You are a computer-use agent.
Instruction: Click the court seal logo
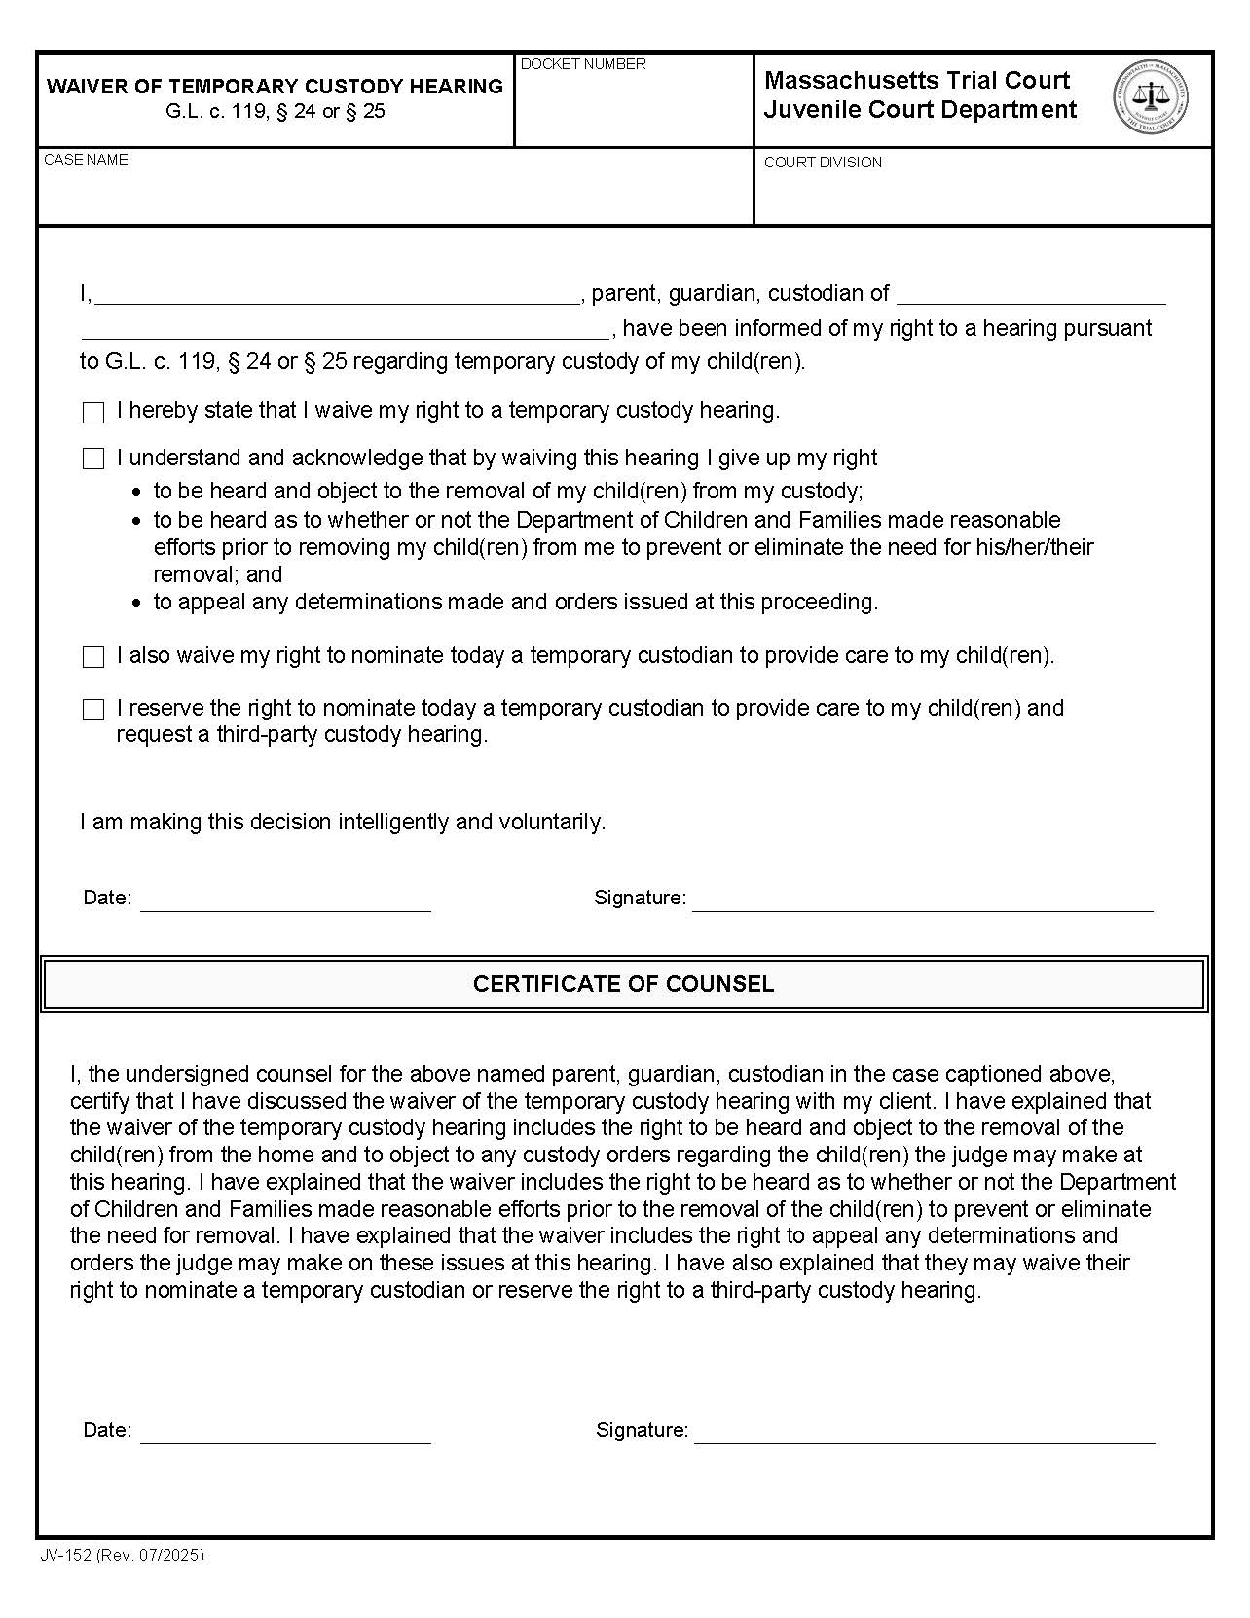pyautogui.click(x=1150, y=98)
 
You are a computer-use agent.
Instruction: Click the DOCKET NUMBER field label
pyautogui.click(x=582, y=64)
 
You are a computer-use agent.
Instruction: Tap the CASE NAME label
pyautogui.click(x=86, y=160)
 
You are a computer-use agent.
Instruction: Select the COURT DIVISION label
pyautogui.click(x=822, y=163)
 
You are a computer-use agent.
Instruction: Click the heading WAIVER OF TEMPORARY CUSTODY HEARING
pyautogui.click(x=275, y=87)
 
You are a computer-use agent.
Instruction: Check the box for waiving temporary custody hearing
pyautogui.click(x=93, y=413)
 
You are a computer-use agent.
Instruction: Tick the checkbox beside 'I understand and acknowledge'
pyautogui.click(x=93, y=459)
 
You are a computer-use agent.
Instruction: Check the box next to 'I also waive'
pyautogui.click(x=93, y=657)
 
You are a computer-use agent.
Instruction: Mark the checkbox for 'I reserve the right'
pyautogui.click(x=93, y=710)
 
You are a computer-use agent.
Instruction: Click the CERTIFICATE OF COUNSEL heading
pyautogui.click(x=623, y=984)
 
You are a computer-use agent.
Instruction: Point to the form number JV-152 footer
pyautogui.click(x=123, y=1555)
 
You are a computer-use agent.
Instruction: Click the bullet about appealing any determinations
pyautogui.click(x=515, y=603)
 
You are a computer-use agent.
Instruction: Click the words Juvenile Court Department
pyautogui.click(x=919, y=110)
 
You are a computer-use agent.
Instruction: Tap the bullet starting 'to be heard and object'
pyautogui.click(x=507, y=491)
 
